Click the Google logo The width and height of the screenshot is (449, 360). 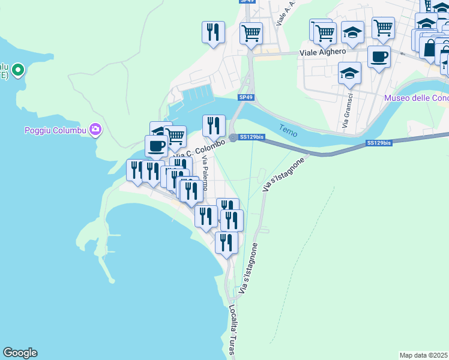point(20,353)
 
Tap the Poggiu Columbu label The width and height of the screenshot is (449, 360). point(55,130)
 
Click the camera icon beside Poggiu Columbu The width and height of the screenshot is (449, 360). point(95,129)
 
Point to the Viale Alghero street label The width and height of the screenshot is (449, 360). point(323,52)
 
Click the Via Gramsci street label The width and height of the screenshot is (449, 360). point(345,115)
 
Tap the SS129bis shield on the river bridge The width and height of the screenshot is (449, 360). point(379,143)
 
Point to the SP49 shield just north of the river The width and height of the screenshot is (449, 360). point(245,97)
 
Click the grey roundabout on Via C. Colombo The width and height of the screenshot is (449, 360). point(232,137)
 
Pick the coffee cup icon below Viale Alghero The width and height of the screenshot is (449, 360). point(379,58)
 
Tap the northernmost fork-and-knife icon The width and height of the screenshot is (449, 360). point(213,32)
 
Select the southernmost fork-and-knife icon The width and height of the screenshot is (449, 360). point(226,242)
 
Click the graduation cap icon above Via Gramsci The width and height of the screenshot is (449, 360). point(349,73)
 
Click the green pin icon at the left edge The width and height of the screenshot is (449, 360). point(18,70)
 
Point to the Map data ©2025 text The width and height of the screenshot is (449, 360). point(424,355)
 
